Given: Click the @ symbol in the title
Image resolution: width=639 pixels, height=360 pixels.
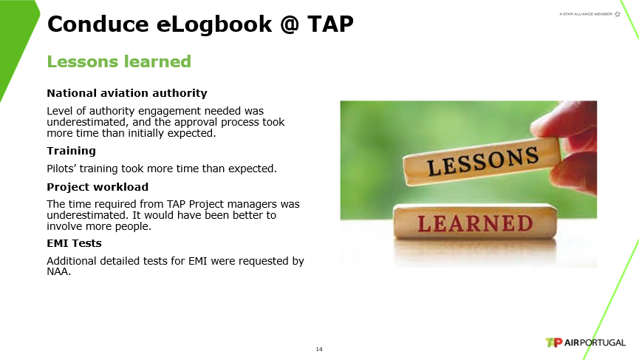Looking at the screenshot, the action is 290,24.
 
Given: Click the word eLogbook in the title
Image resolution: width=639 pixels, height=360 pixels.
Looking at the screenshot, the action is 214,24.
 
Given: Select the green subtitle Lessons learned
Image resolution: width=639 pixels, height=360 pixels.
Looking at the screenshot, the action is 119,61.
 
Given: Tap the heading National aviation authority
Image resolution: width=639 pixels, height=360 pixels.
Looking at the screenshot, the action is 127,93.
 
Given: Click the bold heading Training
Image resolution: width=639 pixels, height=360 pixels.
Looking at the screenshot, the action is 72,152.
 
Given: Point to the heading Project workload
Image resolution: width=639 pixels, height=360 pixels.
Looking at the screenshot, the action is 98,187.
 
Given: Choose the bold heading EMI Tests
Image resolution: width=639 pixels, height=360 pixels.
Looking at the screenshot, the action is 74,243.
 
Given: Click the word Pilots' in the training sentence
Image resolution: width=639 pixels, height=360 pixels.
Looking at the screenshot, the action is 61,169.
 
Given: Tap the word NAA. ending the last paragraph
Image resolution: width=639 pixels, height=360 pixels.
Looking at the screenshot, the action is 58,271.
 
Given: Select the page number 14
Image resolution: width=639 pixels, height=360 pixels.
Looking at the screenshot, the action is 319,349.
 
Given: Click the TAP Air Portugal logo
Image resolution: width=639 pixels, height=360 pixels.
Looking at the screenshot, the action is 585,342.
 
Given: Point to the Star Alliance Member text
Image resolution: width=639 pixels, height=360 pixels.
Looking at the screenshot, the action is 586,14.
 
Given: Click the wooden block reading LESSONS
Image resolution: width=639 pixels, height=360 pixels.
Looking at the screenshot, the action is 482,160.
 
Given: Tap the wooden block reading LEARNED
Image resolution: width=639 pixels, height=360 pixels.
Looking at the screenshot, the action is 475,223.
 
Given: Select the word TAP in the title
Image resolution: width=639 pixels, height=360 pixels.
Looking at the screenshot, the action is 330,24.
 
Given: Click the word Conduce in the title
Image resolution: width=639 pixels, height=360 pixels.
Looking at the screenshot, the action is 98,24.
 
